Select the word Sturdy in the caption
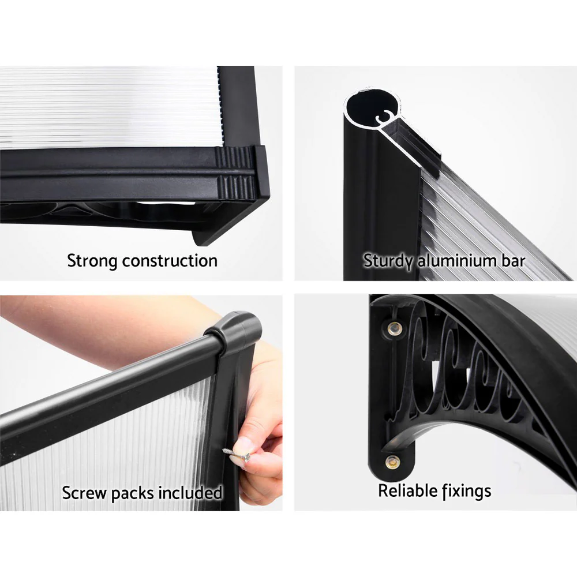[388, 261]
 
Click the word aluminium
[452, 261]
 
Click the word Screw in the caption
[84, 493]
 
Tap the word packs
[135, 493]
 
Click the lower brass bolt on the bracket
[393, 462]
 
